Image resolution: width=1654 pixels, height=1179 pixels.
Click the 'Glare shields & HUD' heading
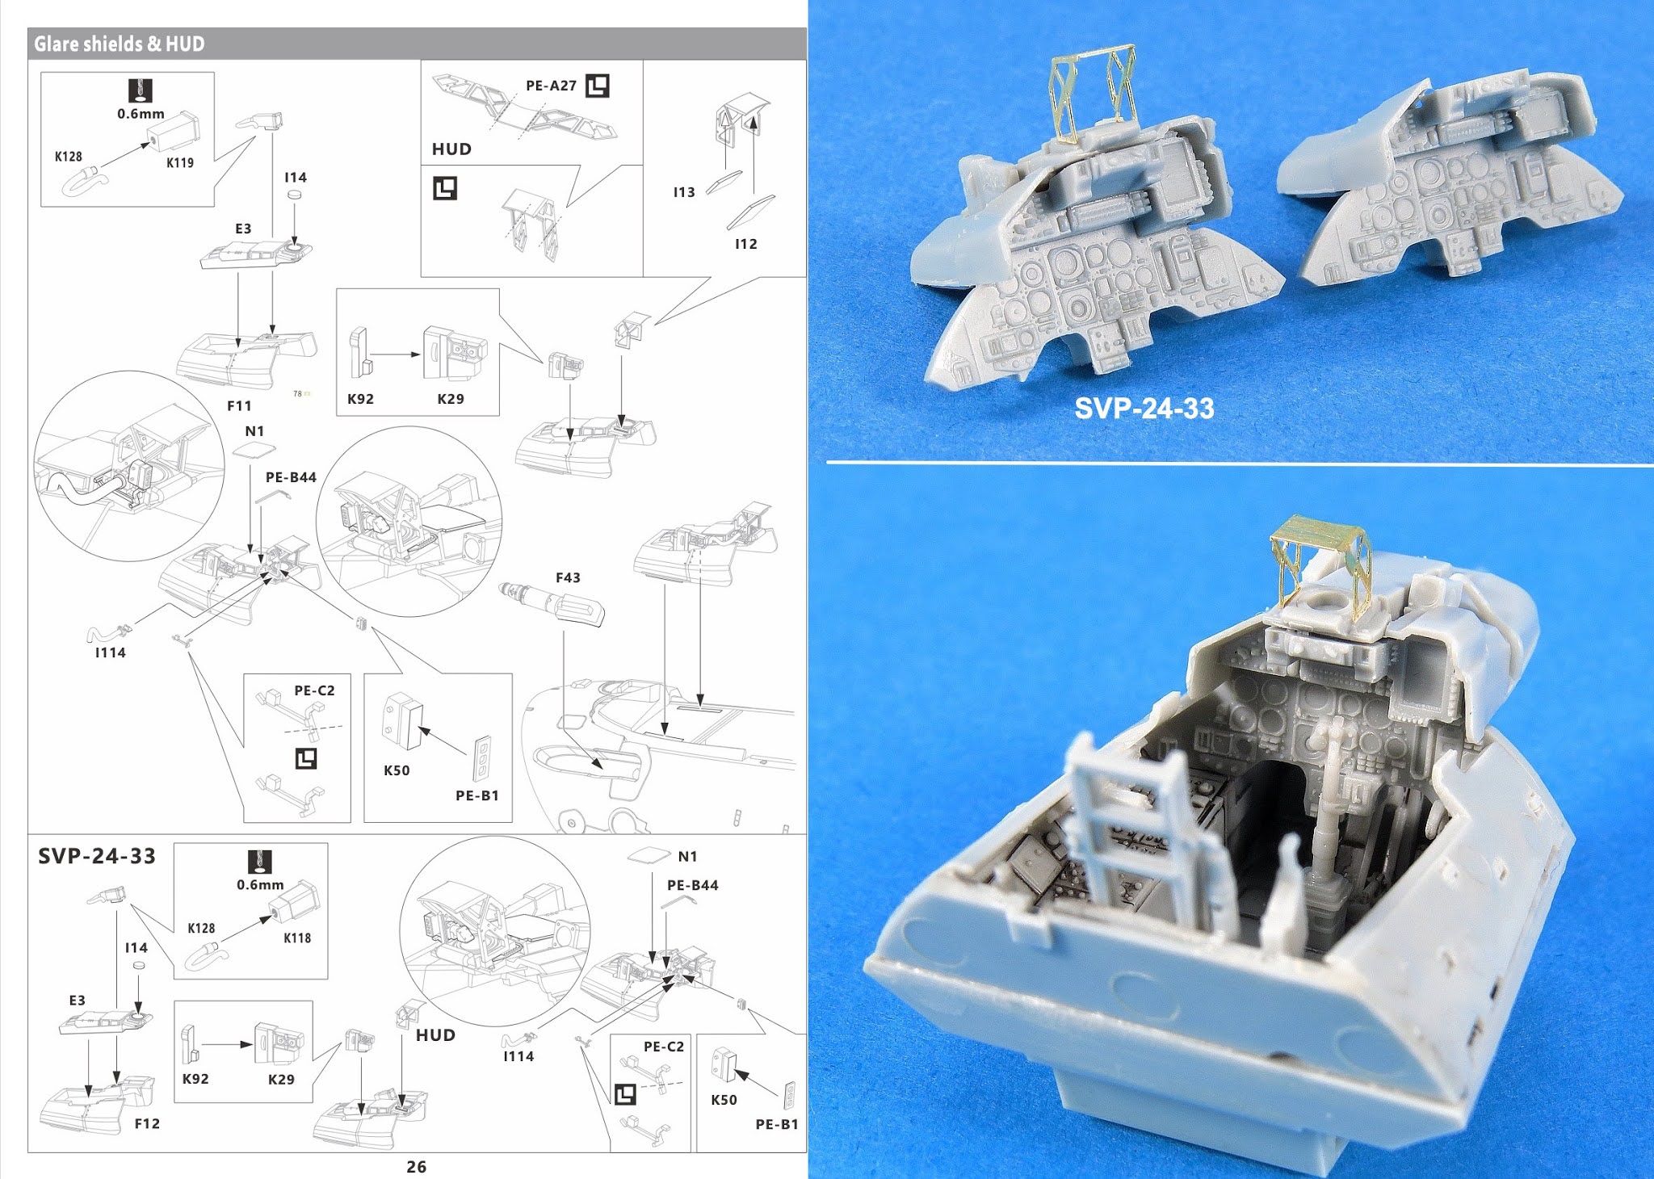(x=119, y=44)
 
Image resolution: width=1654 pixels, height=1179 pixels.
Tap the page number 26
(x=416, y=1166)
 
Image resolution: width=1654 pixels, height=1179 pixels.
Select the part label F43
(x=568, y=577)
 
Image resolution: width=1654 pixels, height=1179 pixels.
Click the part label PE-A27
(x=551, y=86)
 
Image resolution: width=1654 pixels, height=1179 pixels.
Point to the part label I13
(x=684, y=192)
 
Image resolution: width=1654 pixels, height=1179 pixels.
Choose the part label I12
(x=745, y=244)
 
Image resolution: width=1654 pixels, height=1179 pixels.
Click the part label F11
(x=239, y=406)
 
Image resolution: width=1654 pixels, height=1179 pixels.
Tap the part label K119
(x=180, y=162)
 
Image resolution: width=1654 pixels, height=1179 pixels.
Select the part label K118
(x=297, y=938)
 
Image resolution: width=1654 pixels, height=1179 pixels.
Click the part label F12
(x=147, y=1123)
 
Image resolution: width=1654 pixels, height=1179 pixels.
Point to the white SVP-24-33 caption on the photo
(x=1144, y=409)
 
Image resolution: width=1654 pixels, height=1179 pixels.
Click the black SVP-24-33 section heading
(x=97, y=856)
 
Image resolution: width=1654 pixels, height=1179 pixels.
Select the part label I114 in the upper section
(x=111, y=652)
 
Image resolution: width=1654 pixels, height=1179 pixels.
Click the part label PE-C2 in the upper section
(x=314, y=690)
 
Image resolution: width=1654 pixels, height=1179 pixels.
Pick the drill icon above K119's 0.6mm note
(x=141, y=90)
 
